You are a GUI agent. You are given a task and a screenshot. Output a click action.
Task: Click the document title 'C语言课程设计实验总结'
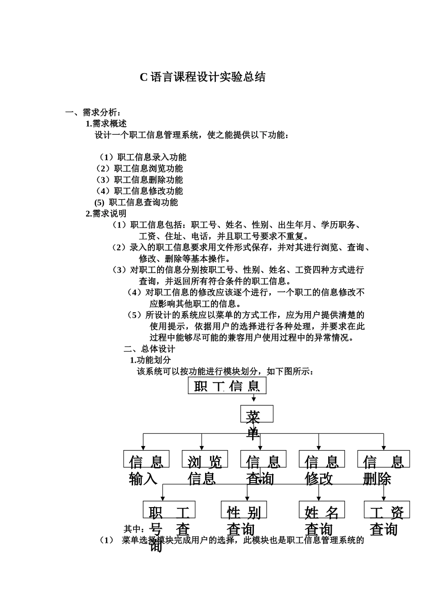202,77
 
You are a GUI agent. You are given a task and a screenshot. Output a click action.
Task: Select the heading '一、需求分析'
93,112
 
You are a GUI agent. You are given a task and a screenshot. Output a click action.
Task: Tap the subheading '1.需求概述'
106,123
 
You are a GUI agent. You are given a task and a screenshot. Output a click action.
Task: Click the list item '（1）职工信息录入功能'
142,157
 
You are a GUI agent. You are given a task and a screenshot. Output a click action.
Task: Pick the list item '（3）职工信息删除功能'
139,180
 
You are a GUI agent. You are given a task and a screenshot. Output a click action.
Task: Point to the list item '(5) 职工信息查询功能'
136,202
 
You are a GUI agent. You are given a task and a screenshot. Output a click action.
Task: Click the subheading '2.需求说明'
106,214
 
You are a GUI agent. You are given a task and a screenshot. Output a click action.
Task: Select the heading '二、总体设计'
149,349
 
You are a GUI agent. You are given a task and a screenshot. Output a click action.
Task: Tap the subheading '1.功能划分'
150,360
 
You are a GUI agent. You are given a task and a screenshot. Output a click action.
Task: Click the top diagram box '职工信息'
227,386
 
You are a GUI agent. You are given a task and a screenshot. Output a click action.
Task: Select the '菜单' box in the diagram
256,414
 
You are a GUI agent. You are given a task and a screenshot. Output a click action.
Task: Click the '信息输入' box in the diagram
146,459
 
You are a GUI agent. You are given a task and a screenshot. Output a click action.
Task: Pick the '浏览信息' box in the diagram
205,459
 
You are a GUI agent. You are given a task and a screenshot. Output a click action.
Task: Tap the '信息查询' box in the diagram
263,459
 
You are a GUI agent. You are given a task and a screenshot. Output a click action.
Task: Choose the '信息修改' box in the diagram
321,459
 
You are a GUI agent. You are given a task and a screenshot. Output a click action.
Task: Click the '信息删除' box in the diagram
383,459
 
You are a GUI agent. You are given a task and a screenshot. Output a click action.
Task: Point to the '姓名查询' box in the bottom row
322,510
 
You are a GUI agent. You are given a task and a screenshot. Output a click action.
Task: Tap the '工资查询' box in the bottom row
387,510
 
